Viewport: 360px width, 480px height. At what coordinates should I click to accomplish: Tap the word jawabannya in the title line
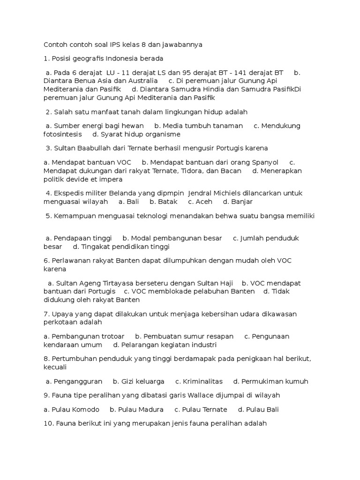tap(182, 45)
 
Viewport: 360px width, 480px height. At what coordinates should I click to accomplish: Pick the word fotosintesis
tap(62, 134)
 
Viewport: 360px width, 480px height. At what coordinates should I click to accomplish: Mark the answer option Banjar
tap(242, 202)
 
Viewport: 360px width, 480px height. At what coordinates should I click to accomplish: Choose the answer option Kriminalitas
tap(202, 381)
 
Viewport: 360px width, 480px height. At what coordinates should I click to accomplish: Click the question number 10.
tap(48, 423)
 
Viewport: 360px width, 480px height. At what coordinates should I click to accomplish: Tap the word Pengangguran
tap(78, 381)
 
